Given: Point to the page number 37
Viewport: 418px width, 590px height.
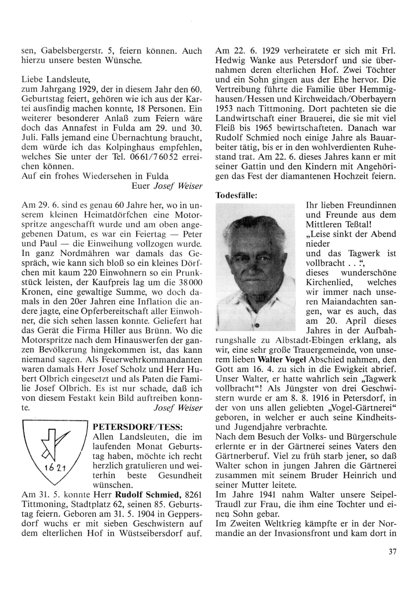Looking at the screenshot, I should [392, 552].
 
